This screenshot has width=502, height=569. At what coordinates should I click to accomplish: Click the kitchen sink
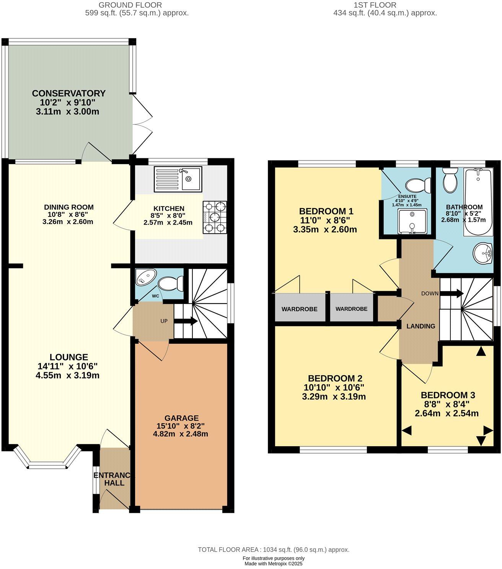178,179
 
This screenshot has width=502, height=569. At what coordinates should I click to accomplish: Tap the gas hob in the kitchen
215,217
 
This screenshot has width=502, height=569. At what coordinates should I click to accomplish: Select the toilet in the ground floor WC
170,284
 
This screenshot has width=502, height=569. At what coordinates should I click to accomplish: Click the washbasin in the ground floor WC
146,277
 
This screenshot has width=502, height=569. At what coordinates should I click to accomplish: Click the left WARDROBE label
300,309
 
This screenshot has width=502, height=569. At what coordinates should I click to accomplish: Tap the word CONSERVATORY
69,93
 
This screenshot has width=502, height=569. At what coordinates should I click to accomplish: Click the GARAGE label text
181,418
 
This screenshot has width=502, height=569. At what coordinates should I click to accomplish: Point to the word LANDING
421,326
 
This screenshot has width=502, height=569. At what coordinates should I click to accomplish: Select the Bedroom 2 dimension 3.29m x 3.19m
334,397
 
